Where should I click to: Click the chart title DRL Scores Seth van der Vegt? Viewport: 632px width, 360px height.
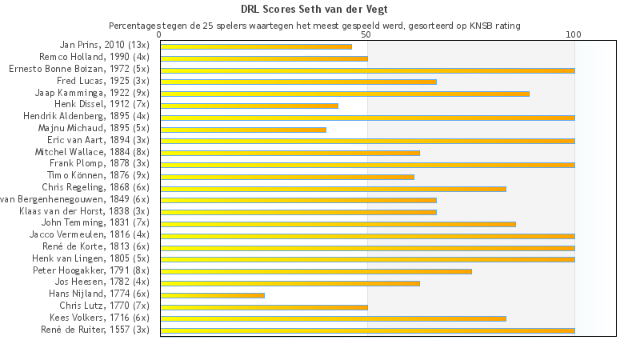click(315, 10)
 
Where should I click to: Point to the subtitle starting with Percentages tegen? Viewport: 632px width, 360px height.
click(314, 26)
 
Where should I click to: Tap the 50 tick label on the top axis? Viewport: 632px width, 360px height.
click(366, 35)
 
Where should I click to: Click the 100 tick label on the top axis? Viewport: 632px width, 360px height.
click(574, 35)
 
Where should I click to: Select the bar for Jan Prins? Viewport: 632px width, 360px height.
click(256, 46)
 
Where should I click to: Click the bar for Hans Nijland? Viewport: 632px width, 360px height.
click(212, 295)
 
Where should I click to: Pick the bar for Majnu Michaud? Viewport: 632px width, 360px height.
click(243, 130)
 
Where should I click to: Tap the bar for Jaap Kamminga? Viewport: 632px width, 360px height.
click(345, 94)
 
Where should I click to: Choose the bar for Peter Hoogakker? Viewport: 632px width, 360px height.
click(316, 271)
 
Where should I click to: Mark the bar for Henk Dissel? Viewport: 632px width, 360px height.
click(249, 106)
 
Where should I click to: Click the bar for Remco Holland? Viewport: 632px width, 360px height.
click(264, 58)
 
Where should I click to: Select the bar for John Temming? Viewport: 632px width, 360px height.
click(338, 224)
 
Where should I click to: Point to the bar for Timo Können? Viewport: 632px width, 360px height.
click(287, 177)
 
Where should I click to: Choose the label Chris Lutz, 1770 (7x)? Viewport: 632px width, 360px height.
click(104, 306)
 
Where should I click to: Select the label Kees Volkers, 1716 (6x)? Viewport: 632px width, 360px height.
click(99, 318)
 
